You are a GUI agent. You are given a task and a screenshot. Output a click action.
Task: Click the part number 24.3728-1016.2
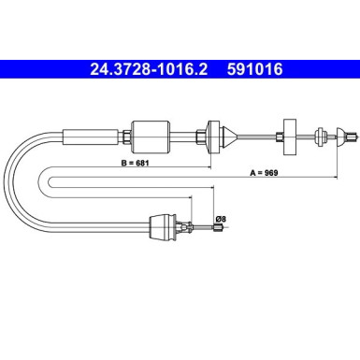(149, 69)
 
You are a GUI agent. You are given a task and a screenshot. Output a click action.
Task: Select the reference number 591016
(254, 69)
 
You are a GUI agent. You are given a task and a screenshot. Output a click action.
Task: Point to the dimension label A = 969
(264, 173)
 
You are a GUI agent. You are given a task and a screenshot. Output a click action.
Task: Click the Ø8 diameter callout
(221, 219)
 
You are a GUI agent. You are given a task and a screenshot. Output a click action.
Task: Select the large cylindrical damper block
(151, 137)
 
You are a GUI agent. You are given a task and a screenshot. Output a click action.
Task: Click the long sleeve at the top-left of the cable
(91, 137)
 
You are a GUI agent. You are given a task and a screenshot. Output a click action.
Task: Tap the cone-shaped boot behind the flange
(229, 137)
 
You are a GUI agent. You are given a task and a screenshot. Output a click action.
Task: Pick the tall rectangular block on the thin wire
(290, 137)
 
